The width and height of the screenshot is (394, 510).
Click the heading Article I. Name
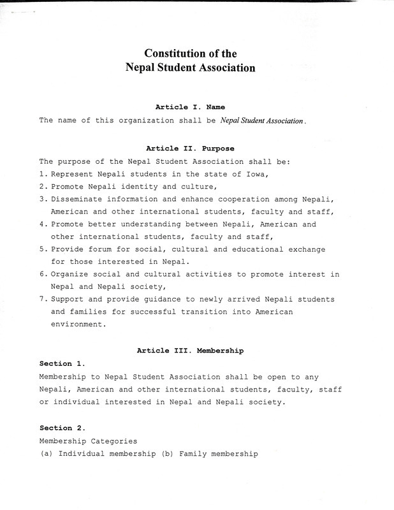pos(190,107)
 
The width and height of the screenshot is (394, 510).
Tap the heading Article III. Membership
pos(190,351)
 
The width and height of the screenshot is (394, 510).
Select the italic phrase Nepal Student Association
pos(263,120)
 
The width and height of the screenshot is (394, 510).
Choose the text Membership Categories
pos(88,441)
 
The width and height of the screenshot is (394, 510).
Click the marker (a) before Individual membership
pos(47,454)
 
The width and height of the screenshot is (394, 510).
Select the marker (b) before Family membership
pos(168,454)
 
